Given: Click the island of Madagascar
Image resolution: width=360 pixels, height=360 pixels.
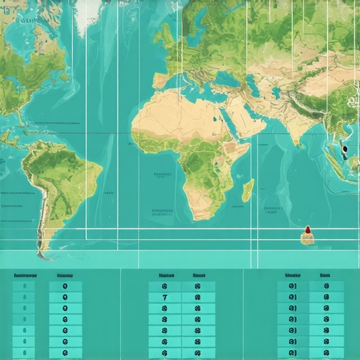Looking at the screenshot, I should pos(247,190).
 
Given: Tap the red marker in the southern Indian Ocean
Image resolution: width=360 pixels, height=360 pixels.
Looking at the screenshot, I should pos(307,231).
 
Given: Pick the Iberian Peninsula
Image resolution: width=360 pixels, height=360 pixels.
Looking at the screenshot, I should pos(156,77).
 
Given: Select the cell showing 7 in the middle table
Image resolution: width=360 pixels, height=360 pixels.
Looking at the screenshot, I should pos(165,297).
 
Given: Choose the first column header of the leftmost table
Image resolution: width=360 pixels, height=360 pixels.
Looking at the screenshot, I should pos(25,276).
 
